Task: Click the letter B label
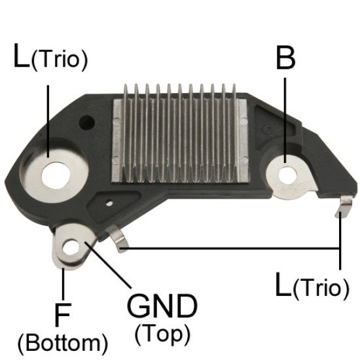coord(285,56)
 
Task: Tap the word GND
coord(162,306)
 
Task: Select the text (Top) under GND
coord(163,334)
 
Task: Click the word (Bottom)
coord(63,344)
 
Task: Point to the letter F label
coord(63,315)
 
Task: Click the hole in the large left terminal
coord(56,175)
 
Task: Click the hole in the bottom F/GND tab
coord(71,247)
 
